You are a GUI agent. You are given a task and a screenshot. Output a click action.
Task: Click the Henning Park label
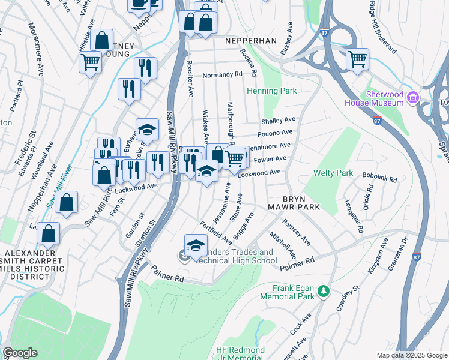272,91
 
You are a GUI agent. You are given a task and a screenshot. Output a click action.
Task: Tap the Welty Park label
333,173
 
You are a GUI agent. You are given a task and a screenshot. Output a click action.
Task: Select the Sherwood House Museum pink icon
412,97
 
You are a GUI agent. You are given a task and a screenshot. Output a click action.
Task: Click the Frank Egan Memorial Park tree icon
324,291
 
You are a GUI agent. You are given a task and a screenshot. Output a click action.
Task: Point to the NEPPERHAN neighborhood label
250,41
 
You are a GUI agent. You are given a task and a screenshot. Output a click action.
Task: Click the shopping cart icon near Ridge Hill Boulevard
357,59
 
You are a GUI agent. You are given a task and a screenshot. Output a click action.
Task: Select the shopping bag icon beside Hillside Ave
102,40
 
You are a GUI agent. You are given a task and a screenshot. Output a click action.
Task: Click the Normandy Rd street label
221,75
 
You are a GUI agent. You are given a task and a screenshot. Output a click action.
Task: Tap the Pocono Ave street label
275,133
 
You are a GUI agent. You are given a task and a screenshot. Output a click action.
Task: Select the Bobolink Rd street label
380,179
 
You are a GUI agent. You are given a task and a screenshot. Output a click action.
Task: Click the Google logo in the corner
20,353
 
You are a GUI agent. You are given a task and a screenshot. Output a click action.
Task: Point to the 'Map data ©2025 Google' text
411,355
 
